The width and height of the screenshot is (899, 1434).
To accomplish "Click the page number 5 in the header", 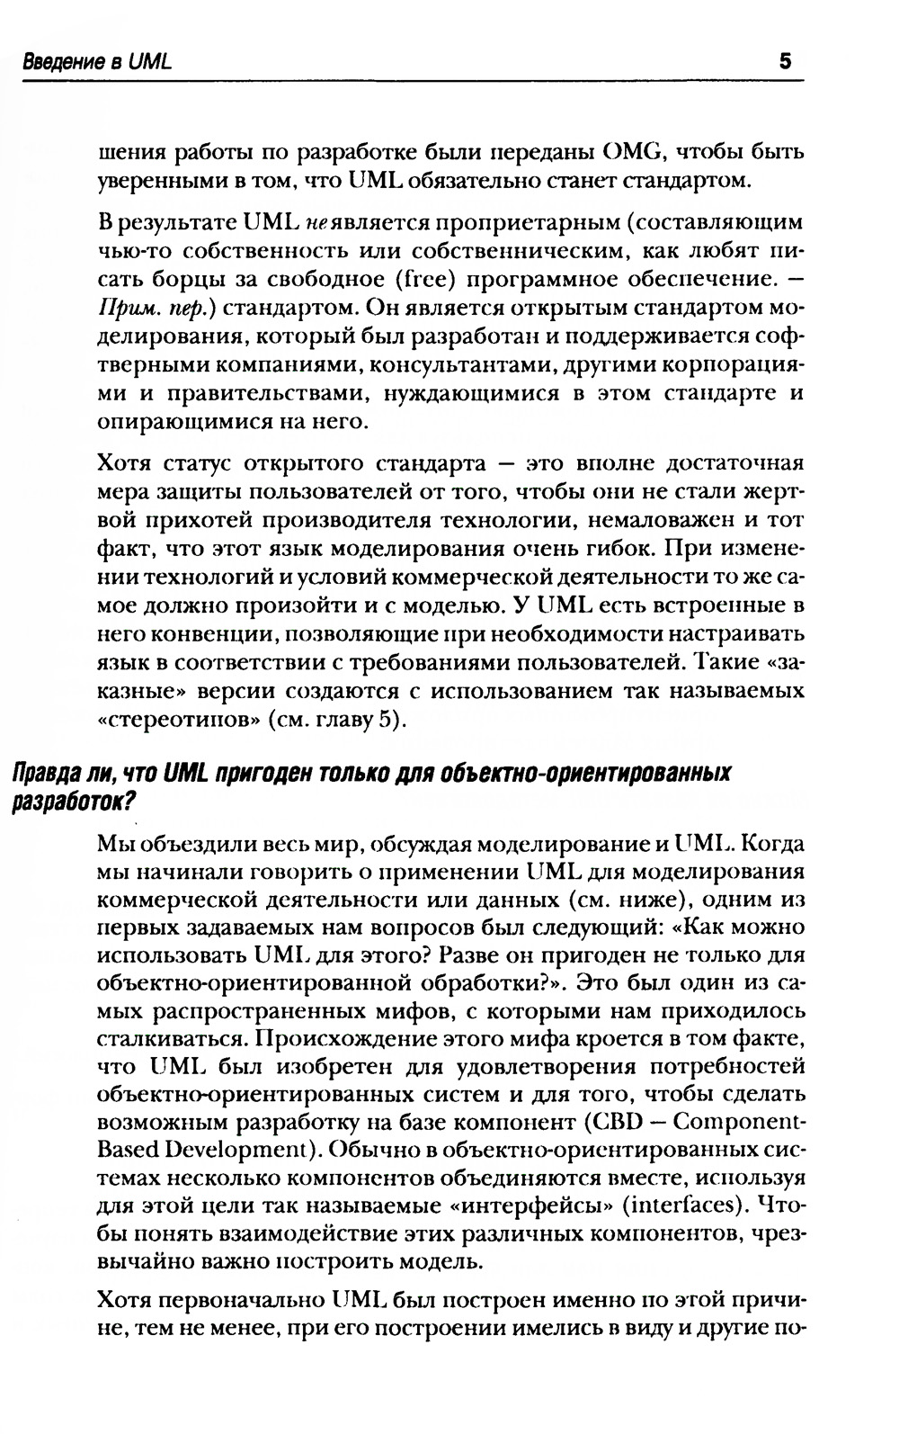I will pos(784,62).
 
